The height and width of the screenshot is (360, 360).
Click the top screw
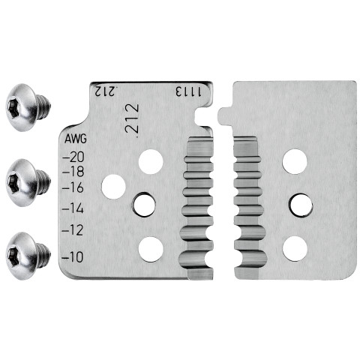pos(28,107)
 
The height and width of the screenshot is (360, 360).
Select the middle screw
pos(28,182)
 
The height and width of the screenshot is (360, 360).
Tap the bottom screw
pos(28,256)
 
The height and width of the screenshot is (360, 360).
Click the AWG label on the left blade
pos(76,139)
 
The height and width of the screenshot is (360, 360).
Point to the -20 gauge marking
pos(73,157)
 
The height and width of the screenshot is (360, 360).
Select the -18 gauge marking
pos(73,172)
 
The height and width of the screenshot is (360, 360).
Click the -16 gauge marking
pos(73,187)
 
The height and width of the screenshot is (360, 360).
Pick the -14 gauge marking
pos(73,208)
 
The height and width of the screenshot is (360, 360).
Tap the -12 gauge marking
pos(73,230)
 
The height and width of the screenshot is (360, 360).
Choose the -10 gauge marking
pos(73,256)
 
